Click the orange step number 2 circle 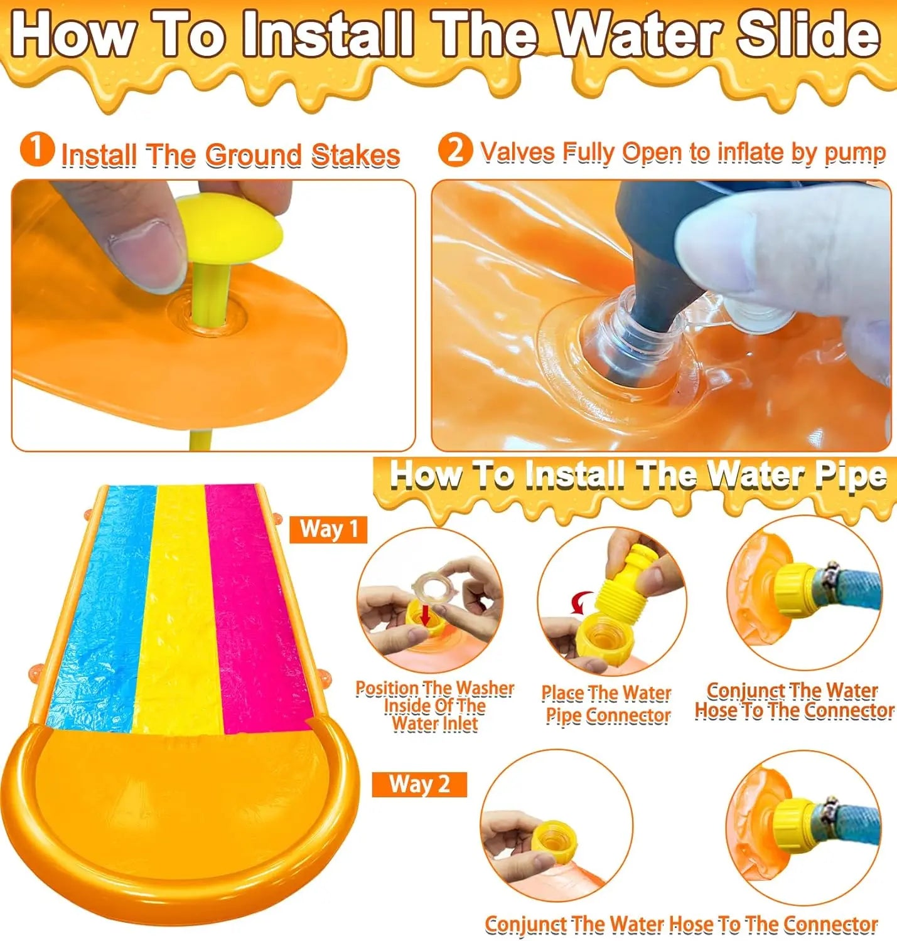(x=455, y=150)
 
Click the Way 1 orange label (x=328, y=529)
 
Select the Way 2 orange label (x=419, y=784)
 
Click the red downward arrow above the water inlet (x=426, y=614)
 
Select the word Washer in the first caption (x=483, y=688)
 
